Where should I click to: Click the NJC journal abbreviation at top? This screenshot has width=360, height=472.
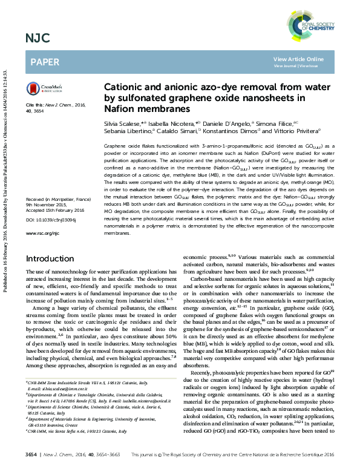(38, 39)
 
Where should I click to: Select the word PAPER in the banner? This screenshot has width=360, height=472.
(45, 62)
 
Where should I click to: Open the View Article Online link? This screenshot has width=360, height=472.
(298, 59)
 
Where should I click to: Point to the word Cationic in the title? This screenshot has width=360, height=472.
(128, 87)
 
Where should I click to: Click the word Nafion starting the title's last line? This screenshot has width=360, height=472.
(120, 109)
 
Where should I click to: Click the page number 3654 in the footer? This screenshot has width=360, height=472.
(31, 453)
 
